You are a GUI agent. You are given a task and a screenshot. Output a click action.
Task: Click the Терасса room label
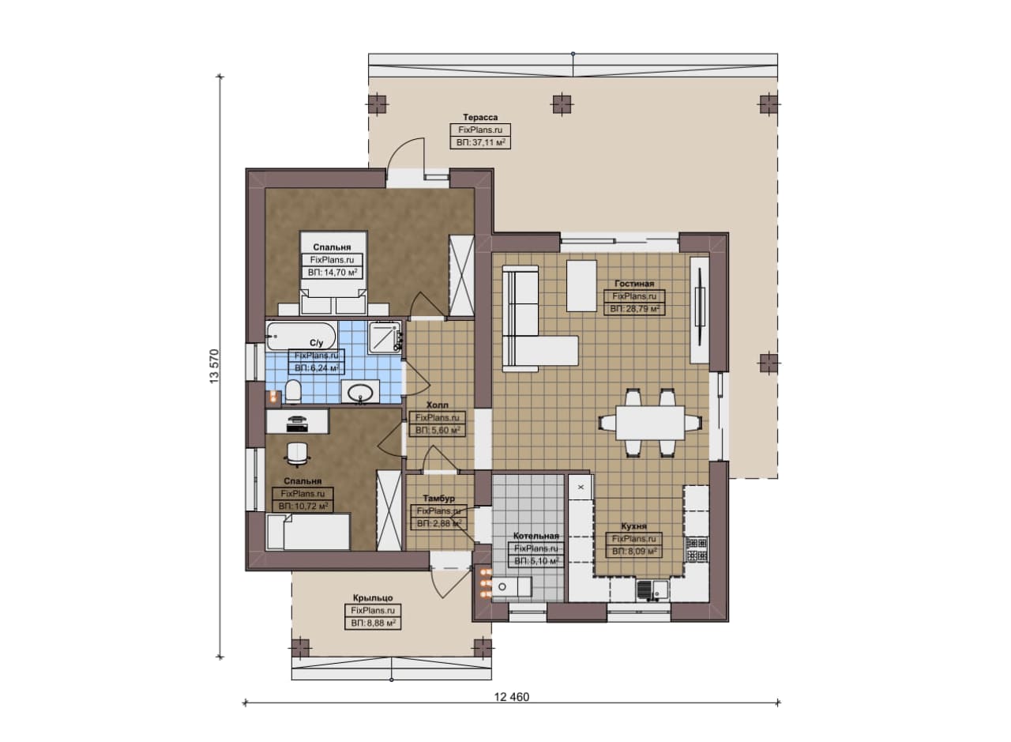pyautogui.click(x=480, y=118)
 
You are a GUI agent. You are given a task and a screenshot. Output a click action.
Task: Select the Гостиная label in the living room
pyautogui.click(x=634, y=284)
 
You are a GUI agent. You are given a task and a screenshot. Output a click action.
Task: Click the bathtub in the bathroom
pyautogui.click(x=301, y=336)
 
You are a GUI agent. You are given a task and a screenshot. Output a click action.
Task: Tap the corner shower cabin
pyautogui.click(x=385, y=337)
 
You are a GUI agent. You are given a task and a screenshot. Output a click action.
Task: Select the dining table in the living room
pyautogui.click(x=650, y=422)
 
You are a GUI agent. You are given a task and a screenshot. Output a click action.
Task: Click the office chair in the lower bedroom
pyautogui.click(x=298, y=453)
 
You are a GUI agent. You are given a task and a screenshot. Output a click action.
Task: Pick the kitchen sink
pyautogui.click(x=652, y=589)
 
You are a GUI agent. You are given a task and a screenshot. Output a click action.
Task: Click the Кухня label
pyautogui.click(x=633, y=526)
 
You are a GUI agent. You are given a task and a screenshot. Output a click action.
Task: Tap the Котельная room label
pyautogui.click(x=536, y=536)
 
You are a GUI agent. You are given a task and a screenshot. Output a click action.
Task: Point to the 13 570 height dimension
pyautogui.click(x=214, y=366)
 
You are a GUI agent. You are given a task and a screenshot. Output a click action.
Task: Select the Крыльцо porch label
pyautogui.click(x=373, y=597)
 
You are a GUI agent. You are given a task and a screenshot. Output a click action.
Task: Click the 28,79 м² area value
pyautogui.click(x=634, y=309)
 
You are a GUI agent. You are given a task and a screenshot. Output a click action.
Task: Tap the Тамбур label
pyautogui.click(x=438, y=498)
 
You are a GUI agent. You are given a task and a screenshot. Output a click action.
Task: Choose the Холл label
pyautogui.click(x=438, y=405)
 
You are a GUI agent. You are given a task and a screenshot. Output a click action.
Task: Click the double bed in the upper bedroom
pyautogui.click(x=333, y=273)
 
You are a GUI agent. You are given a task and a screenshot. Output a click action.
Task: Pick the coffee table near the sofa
pyautogui.click(x=582, y=285)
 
